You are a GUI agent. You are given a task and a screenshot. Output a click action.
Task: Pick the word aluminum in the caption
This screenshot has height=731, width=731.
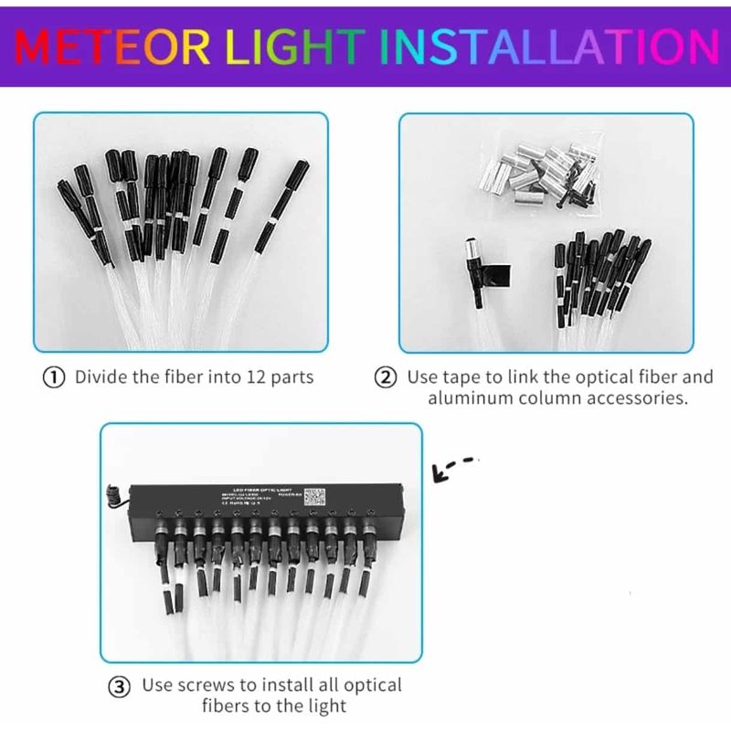point(472,399)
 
